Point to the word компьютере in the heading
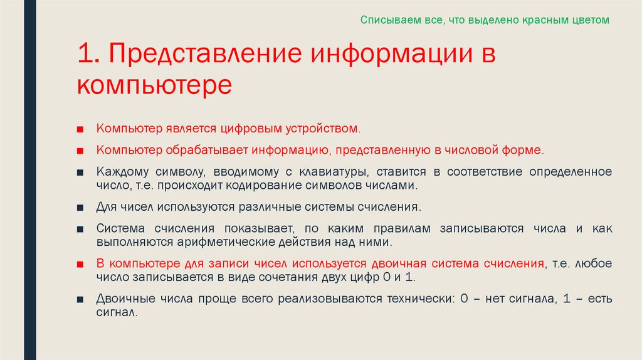(155, 84)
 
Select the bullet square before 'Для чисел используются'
(80, 207)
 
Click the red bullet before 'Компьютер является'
(80, 129)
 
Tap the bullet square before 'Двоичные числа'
(80, 299)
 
